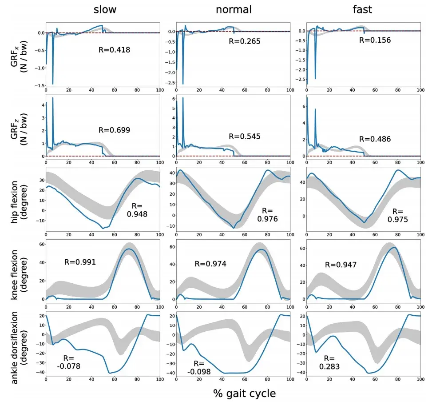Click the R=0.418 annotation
tap(114, 50)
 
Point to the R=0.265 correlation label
tap(244, 41)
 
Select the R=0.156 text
tap(375, 40)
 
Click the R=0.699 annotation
tap(114, 130)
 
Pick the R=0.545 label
tap(244, 136)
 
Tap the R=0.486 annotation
tap(375, 139)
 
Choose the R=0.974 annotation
tap(210, 264)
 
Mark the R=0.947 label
tap(341, 264)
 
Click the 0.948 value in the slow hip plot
tap(138, 214)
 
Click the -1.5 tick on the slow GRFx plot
tap(39, 85)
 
